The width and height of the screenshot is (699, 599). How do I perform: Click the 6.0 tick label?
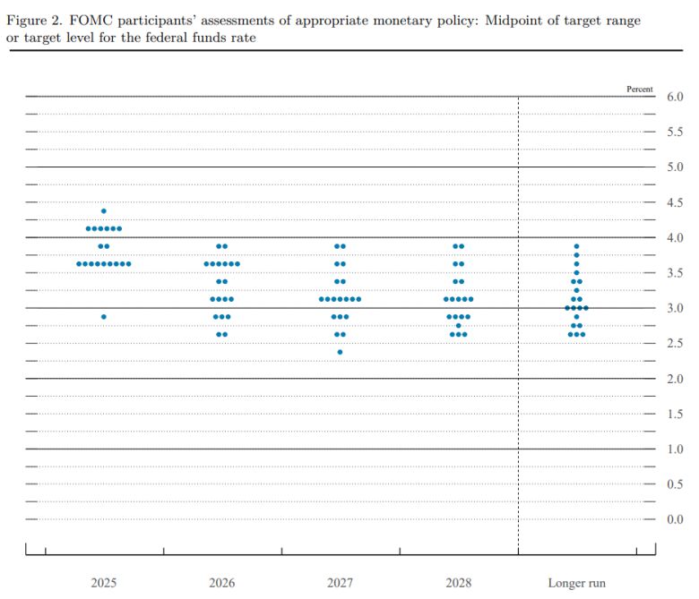674,97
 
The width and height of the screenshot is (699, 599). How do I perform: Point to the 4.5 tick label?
674,202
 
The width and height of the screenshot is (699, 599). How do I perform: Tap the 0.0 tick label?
674,519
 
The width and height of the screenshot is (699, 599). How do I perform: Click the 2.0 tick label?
674,379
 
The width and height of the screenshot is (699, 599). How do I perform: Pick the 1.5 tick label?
674,414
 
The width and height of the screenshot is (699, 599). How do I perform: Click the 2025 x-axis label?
103,583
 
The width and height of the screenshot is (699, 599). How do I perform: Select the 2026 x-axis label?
222,583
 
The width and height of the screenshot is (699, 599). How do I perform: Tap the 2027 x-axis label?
340,583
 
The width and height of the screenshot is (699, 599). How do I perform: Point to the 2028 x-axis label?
458,583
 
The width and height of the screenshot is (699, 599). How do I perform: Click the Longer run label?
576,583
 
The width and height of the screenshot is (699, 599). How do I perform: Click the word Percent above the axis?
641,89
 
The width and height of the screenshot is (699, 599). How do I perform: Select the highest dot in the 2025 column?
104,211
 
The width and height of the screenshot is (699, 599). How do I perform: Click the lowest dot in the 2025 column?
104,317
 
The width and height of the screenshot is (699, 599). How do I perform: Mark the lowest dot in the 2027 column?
340,352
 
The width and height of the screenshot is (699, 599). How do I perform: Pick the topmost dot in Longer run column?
576,246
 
